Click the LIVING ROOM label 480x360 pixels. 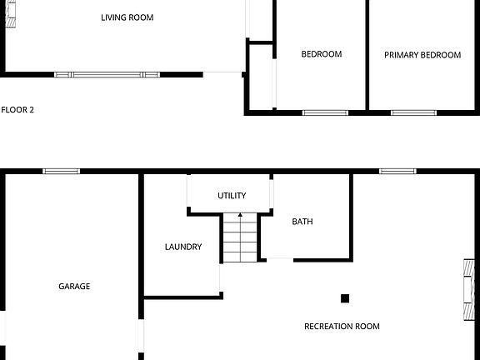(x=127, y=17)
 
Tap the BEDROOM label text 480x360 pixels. (x=321, y=55)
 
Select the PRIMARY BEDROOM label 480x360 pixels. (x=422, y=55)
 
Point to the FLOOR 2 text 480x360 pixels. (x=17, y=109)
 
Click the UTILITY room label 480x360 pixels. (x=232, y=196)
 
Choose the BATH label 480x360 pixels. (x=302, y=222)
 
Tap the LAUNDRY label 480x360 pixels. (x=182, y=247)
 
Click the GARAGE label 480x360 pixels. (x=74, y=287)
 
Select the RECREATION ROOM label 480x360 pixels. (x=342, y=327)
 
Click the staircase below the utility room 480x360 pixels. (x=241, y=238)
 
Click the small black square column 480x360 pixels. (x=345, y=297)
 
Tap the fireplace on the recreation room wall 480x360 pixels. (x=469, y=289)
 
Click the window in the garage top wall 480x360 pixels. (x=62, y=172)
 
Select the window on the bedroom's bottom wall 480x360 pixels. (x=325, y=112)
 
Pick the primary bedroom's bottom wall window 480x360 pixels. (x=413, y=112)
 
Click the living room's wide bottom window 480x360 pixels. (x=107, y=75)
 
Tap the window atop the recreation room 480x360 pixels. (x=397, y=172)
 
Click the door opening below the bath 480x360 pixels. (x=280, y=258)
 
